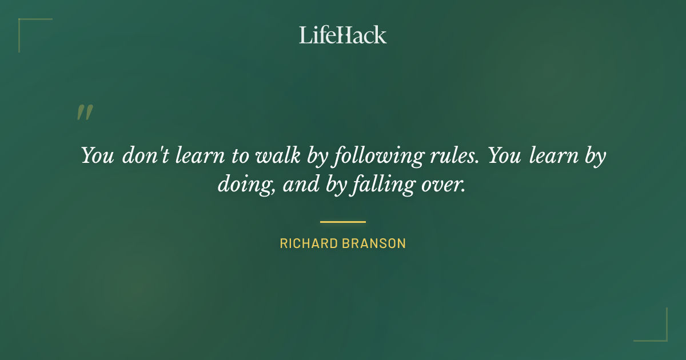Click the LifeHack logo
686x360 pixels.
click(x=343, y=35)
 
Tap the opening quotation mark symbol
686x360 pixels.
click(x=85, y=113)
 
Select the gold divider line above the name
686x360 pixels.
click(x=343, y=222)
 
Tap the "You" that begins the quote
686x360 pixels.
click(x=98, y=155)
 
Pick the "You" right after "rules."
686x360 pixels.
click(x=505, y=155)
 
